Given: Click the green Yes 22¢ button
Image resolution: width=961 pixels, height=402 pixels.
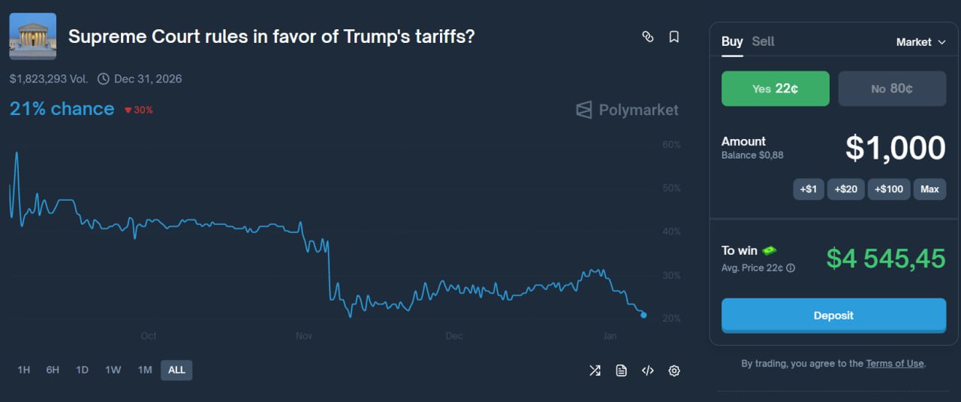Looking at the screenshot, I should [775, 89].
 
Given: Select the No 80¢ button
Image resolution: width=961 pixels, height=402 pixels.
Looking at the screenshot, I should [892, 89].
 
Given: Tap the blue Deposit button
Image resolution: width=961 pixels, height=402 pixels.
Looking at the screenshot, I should [833, 316].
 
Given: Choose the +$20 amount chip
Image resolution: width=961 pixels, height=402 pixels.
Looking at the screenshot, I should [845, 189].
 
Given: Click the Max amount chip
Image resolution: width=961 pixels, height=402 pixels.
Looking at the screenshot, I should [929, 189].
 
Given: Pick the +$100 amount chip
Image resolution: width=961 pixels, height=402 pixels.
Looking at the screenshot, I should [889, 189].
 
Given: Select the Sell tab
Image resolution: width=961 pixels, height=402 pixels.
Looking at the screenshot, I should [763, 42].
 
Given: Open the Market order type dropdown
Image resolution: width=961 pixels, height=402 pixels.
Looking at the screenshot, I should [920, 42].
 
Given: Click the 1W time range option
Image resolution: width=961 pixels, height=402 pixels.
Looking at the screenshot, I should [113, 370].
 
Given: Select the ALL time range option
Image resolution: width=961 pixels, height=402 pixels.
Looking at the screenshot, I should [176, 370].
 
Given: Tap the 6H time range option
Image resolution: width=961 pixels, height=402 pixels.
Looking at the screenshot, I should [53, 370].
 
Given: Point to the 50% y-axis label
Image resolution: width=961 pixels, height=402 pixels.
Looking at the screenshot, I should [671, 188].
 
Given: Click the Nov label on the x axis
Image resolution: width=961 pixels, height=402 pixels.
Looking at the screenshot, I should [304, 336].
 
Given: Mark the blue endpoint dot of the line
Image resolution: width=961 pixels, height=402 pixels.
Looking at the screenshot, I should [643, 315].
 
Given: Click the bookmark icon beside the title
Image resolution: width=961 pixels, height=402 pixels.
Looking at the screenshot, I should [674, 37].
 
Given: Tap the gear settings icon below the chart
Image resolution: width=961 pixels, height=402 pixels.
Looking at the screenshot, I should [674, 370].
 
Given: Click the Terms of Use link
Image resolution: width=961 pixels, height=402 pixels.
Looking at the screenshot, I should [894, 364].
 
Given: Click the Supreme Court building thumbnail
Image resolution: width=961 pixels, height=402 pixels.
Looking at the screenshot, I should [32, 35].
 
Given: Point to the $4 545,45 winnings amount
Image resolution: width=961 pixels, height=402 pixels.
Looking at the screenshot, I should [885, 258].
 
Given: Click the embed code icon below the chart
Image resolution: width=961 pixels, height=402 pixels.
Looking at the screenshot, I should [647, 370].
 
